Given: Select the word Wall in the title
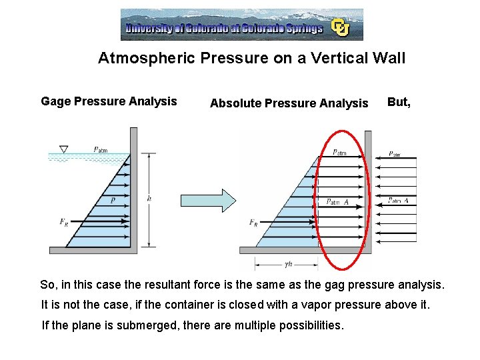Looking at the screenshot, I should tap(389, 58).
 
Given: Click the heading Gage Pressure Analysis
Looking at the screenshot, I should tap(109, 101).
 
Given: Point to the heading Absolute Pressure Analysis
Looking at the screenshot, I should tap(289, 103).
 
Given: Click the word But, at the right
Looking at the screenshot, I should tap(399, 102).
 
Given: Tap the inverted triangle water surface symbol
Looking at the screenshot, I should tap(64, 149).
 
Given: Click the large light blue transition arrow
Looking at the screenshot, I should tap(209, 200).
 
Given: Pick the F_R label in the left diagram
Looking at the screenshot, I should tap(63, 222).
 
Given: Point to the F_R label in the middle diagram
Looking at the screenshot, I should tap(253, 222).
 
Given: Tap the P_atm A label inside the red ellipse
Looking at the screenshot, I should tap(337, 202).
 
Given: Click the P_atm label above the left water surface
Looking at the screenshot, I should tap(101, 149).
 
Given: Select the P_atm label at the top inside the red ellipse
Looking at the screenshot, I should tap(339, 153).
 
